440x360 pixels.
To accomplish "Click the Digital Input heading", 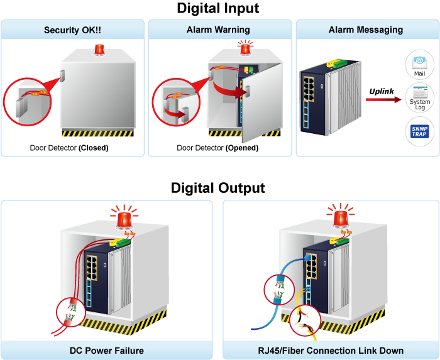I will tap(217, 9).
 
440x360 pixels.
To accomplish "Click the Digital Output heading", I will tap(217, 188).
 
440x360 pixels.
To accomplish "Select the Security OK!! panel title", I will tap(73, 30).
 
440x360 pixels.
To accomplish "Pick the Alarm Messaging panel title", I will tap(366, 30).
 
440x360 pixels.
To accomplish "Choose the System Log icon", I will tap(419, 97).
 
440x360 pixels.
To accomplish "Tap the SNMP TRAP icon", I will tap(419, 131).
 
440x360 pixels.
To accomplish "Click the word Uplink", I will tap(382, 92).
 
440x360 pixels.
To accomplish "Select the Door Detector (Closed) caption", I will tap(69, 148).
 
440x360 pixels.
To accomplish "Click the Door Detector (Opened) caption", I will tap(217, 148).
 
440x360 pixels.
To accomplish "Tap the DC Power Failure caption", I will tap(107, 351).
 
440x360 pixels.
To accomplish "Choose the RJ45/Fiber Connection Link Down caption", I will tap(332, 351).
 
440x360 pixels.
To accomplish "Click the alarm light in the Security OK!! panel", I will tap(99, 50).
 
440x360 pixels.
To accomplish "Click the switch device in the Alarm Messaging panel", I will tap(329, 101).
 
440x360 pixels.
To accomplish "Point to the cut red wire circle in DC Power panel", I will tap(70, 312).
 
